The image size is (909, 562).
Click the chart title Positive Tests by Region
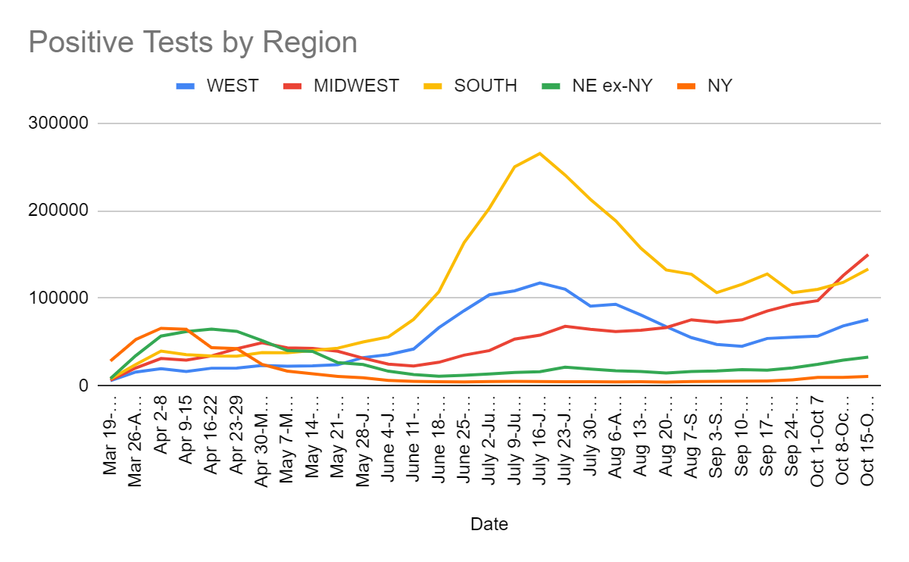(x=192, y=42)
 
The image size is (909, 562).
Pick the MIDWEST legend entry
(x=356, y=86)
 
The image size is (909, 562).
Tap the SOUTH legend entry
(x=486, y=86)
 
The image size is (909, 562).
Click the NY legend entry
(x=720, y=86)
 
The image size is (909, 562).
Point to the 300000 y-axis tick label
(x=58, y=123)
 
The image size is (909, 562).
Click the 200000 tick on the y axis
(x=58, y=211)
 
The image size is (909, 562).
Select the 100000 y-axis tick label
(x=58, y=298)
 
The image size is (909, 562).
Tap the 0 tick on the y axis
(x=83, y=386)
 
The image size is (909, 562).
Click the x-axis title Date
(x=489, y=523)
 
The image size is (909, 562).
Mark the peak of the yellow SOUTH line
(x=539, y=153)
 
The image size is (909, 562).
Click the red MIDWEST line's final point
(x=867, y=254)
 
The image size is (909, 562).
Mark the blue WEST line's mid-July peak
(x=539, y=283)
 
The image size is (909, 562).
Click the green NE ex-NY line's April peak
(x=212, y=329)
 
